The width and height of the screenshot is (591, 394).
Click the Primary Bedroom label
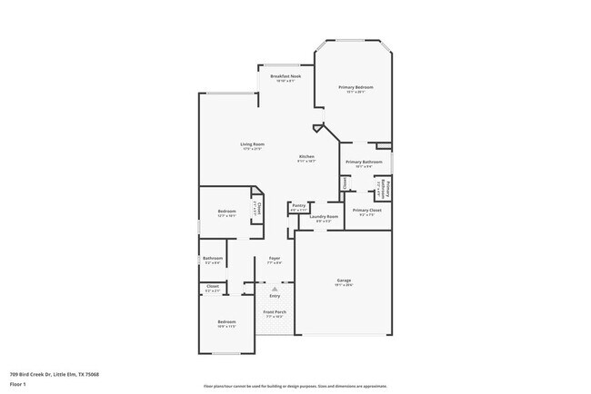(x=356, y=87)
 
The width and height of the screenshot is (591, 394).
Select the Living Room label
(x=252, y=144)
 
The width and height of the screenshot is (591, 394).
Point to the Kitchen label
(x=306, y=156)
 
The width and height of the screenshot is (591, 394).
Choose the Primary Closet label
(x=367, y=210)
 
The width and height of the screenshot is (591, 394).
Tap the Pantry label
(x=298, y=205)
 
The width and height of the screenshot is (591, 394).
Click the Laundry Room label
(x=324, y=216)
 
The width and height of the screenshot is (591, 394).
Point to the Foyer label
(x=274, y=259)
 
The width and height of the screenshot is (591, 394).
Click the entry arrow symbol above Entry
(x=275, y=289)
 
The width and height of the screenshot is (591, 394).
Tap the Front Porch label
(x=275, y=312)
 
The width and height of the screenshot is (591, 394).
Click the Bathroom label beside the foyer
(x=213, y=258)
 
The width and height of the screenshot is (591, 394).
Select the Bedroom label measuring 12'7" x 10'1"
(x=226, y=212)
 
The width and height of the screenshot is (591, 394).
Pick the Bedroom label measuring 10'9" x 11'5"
(x=226, y=322)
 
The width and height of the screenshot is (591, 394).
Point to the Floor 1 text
(x=19, y=384)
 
